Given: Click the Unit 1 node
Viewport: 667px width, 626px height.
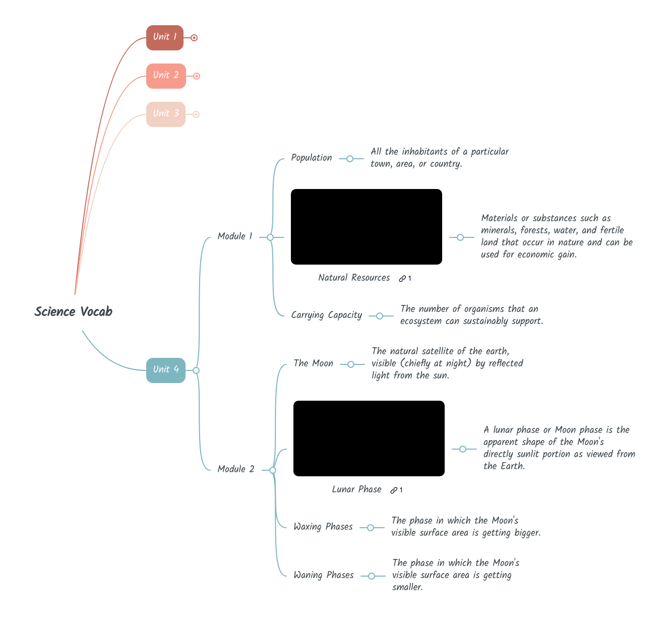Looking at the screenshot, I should point(164,38).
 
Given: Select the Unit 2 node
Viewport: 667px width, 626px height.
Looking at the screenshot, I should point(166,76).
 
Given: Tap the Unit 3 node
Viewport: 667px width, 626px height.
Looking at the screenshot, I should point(165,114).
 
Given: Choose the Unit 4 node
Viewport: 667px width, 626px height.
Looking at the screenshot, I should point(165,370).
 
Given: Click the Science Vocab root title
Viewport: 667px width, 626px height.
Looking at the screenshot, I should point(74,312).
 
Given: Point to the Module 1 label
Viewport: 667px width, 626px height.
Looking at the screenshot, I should point(235,236).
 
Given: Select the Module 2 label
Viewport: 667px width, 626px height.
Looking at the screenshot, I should point(236,469).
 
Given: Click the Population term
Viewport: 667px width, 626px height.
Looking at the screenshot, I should point(312,158).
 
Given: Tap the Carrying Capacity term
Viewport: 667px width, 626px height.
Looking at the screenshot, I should point(327,315).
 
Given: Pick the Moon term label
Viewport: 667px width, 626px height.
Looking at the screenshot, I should point(314,363).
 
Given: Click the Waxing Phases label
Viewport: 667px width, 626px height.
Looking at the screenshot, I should point(323,527).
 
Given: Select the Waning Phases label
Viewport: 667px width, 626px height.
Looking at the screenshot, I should point(324,575).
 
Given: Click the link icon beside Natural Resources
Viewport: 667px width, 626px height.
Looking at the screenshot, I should point(402,279).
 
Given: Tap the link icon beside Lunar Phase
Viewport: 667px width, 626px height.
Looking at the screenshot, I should point(394,490).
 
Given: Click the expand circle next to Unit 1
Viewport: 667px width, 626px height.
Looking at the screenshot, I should point(194,38).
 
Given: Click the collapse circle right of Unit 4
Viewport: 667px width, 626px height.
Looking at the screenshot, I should point(196,370).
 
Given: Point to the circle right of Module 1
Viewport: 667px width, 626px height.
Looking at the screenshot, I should point(270,237).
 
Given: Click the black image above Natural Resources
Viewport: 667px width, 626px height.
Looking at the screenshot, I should point(367,227).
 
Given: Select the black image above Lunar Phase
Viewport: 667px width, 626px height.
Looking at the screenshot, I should point(369,439).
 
